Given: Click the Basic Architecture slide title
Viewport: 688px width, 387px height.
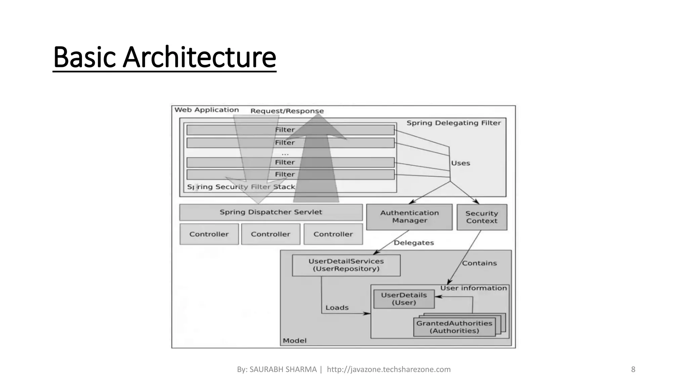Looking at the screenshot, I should click(x=164, y=57).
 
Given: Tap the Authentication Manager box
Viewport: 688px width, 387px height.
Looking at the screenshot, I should click(x=409, y=217).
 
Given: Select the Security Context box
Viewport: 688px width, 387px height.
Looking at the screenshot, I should click(x=481, y=217).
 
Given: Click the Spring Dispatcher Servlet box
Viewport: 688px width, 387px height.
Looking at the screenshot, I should click(x=271, y=212).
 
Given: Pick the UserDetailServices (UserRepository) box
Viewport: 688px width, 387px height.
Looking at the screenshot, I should click(x=346, y=265).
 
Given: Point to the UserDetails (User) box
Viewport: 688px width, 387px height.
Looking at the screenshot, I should click(x=404, y=299).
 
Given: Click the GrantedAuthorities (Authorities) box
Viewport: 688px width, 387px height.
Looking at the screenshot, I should click(x=454, y=327).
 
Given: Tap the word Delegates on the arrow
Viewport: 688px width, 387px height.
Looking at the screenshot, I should click(x=414, y=243).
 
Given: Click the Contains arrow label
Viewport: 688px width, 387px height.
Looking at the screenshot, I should click(x=479, y=263).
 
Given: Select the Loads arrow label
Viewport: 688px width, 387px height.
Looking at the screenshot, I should click(x=337, y=307).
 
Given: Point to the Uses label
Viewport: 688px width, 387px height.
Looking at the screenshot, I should click(x=460, y=163).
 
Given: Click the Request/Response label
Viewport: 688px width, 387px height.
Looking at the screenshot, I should click(x=287, y=111).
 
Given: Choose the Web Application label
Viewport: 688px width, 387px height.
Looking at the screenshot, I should click(x=207, y=110).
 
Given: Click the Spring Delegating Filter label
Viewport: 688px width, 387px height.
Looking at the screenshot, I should click(x=454, y=123).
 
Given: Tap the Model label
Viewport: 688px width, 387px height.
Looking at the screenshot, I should click(x=295, y=341).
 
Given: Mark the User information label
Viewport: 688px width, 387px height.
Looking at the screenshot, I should click(x=473, y=288).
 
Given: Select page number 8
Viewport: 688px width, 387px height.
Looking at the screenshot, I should click(x=633, y=370).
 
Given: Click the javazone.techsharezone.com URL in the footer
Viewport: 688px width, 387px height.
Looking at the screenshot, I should click(x=388, y=370).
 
